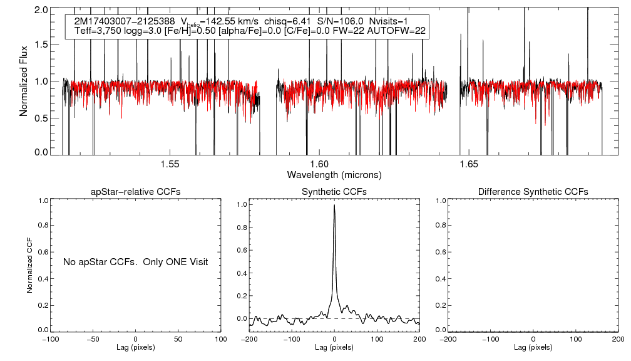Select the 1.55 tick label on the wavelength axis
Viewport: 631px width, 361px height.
coord(170,164)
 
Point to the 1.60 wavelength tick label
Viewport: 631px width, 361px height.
coord(319,164)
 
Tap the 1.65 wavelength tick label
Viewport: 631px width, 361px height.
coord(469,164)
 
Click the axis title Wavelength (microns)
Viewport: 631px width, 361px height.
coord(334,174)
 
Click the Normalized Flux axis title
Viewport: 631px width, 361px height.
coord(24,81)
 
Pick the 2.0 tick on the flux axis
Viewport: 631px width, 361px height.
coord(41,11)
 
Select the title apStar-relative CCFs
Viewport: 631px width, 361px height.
coord(136,192)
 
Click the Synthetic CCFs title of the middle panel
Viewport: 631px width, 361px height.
coord(334,192)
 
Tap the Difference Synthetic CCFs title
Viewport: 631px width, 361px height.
coord(533,192)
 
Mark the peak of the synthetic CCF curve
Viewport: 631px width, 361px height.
coord(335,205)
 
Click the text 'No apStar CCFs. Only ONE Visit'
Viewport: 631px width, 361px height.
coord(135,261)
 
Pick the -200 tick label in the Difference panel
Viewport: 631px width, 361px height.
coord(448,339)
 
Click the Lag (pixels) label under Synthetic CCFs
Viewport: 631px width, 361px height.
coord(334,347)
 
